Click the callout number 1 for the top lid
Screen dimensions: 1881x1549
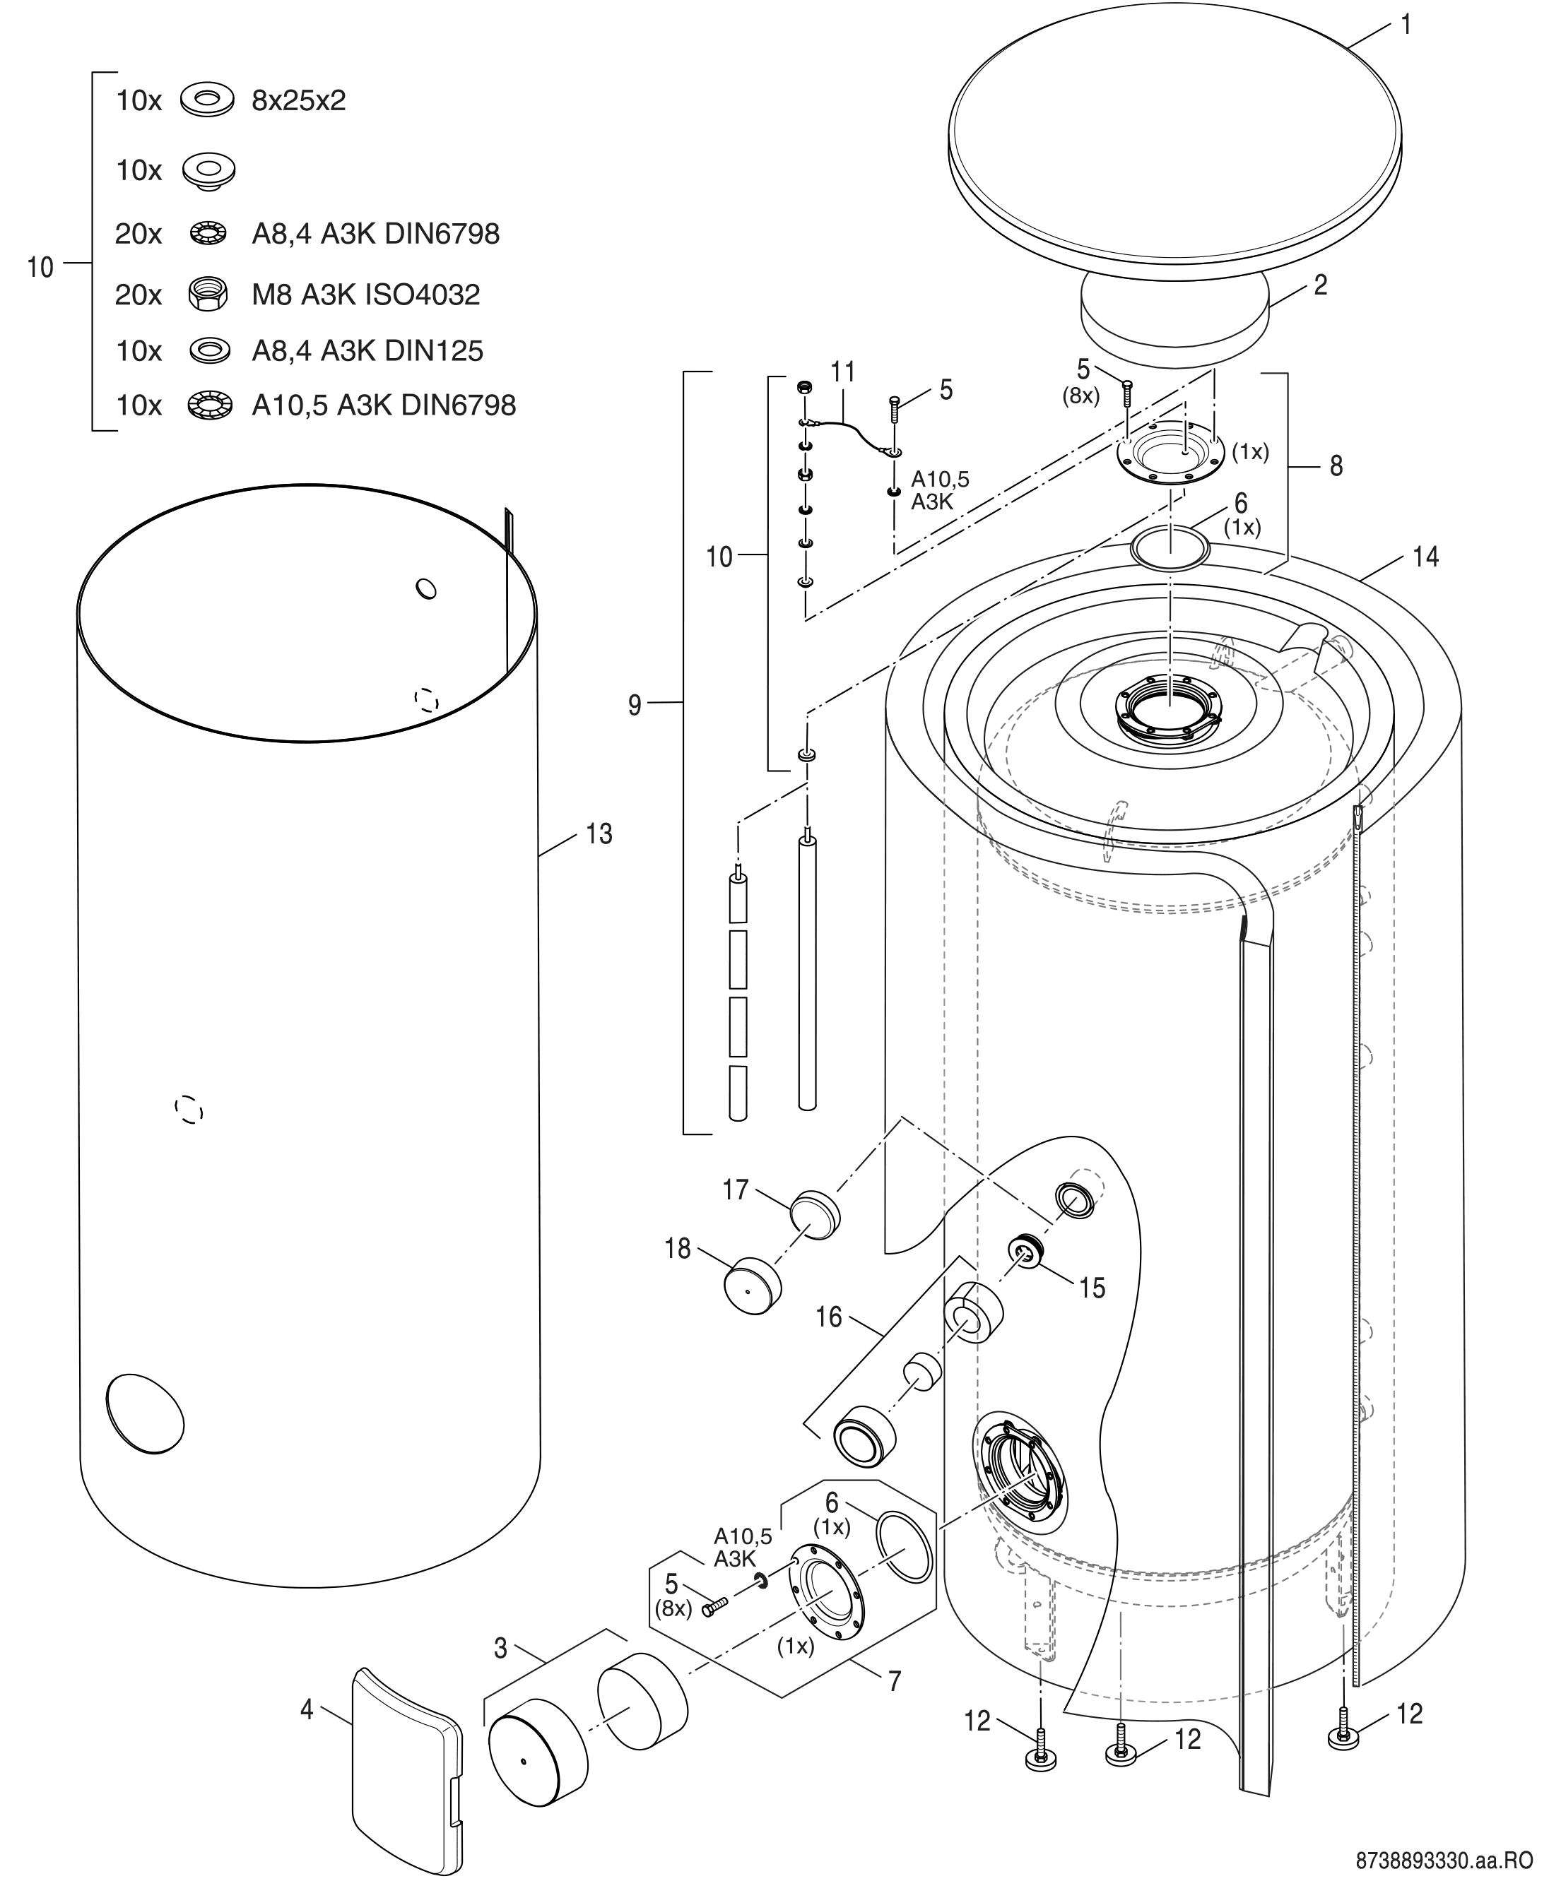coord(1406,25)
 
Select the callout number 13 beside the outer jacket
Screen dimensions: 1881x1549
coord(599,834)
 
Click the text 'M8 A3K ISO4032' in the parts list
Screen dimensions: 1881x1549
coord(366,295)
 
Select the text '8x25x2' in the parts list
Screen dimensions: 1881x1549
coord(298,101)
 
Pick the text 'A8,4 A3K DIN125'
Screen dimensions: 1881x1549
coord(367,350)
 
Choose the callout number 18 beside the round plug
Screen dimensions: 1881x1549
coord(677,1249)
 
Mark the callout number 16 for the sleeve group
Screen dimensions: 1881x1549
coord(828,1317)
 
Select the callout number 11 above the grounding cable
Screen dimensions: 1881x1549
coord(842,371)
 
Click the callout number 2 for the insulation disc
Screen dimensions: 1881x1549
coord(1321,285)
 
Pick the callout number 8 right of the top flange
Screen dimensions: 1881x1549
coord(1336,465)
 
